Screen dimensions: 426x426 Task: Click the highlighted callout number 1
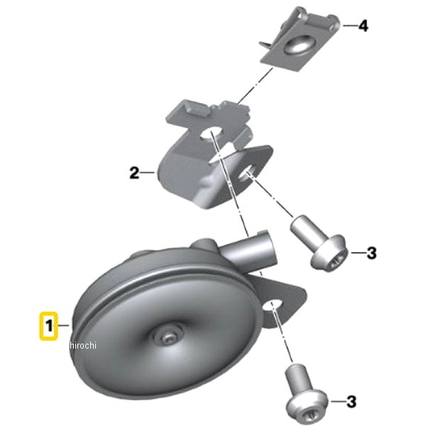[48, 326]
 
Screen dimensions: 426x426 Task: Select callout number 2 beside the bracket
[134, 173]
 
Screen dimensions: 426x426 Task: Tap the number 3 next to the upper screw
[371, 253]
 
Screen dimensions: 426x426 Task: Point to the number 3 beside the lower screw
[351, 402]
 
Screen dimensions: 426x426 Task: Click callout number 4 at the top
[364, 26]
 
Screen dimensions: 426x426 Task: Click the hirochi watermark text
[83, 345]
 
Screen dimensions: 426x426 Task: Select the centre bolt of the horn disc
[168, 337]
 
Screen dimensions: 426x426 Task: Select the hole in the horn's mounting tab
[273, 305]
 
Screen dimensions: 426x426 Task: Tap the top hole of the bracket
[212, 133]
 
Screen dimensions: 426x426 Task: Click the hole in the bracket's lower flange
[246, 175]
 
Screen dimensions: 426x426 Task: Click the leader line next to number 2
[148, 173]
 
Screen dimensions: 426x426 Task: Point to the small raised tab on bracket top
[198, 110]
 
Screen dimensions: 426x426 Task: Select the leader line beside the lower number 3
[337, 401]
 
